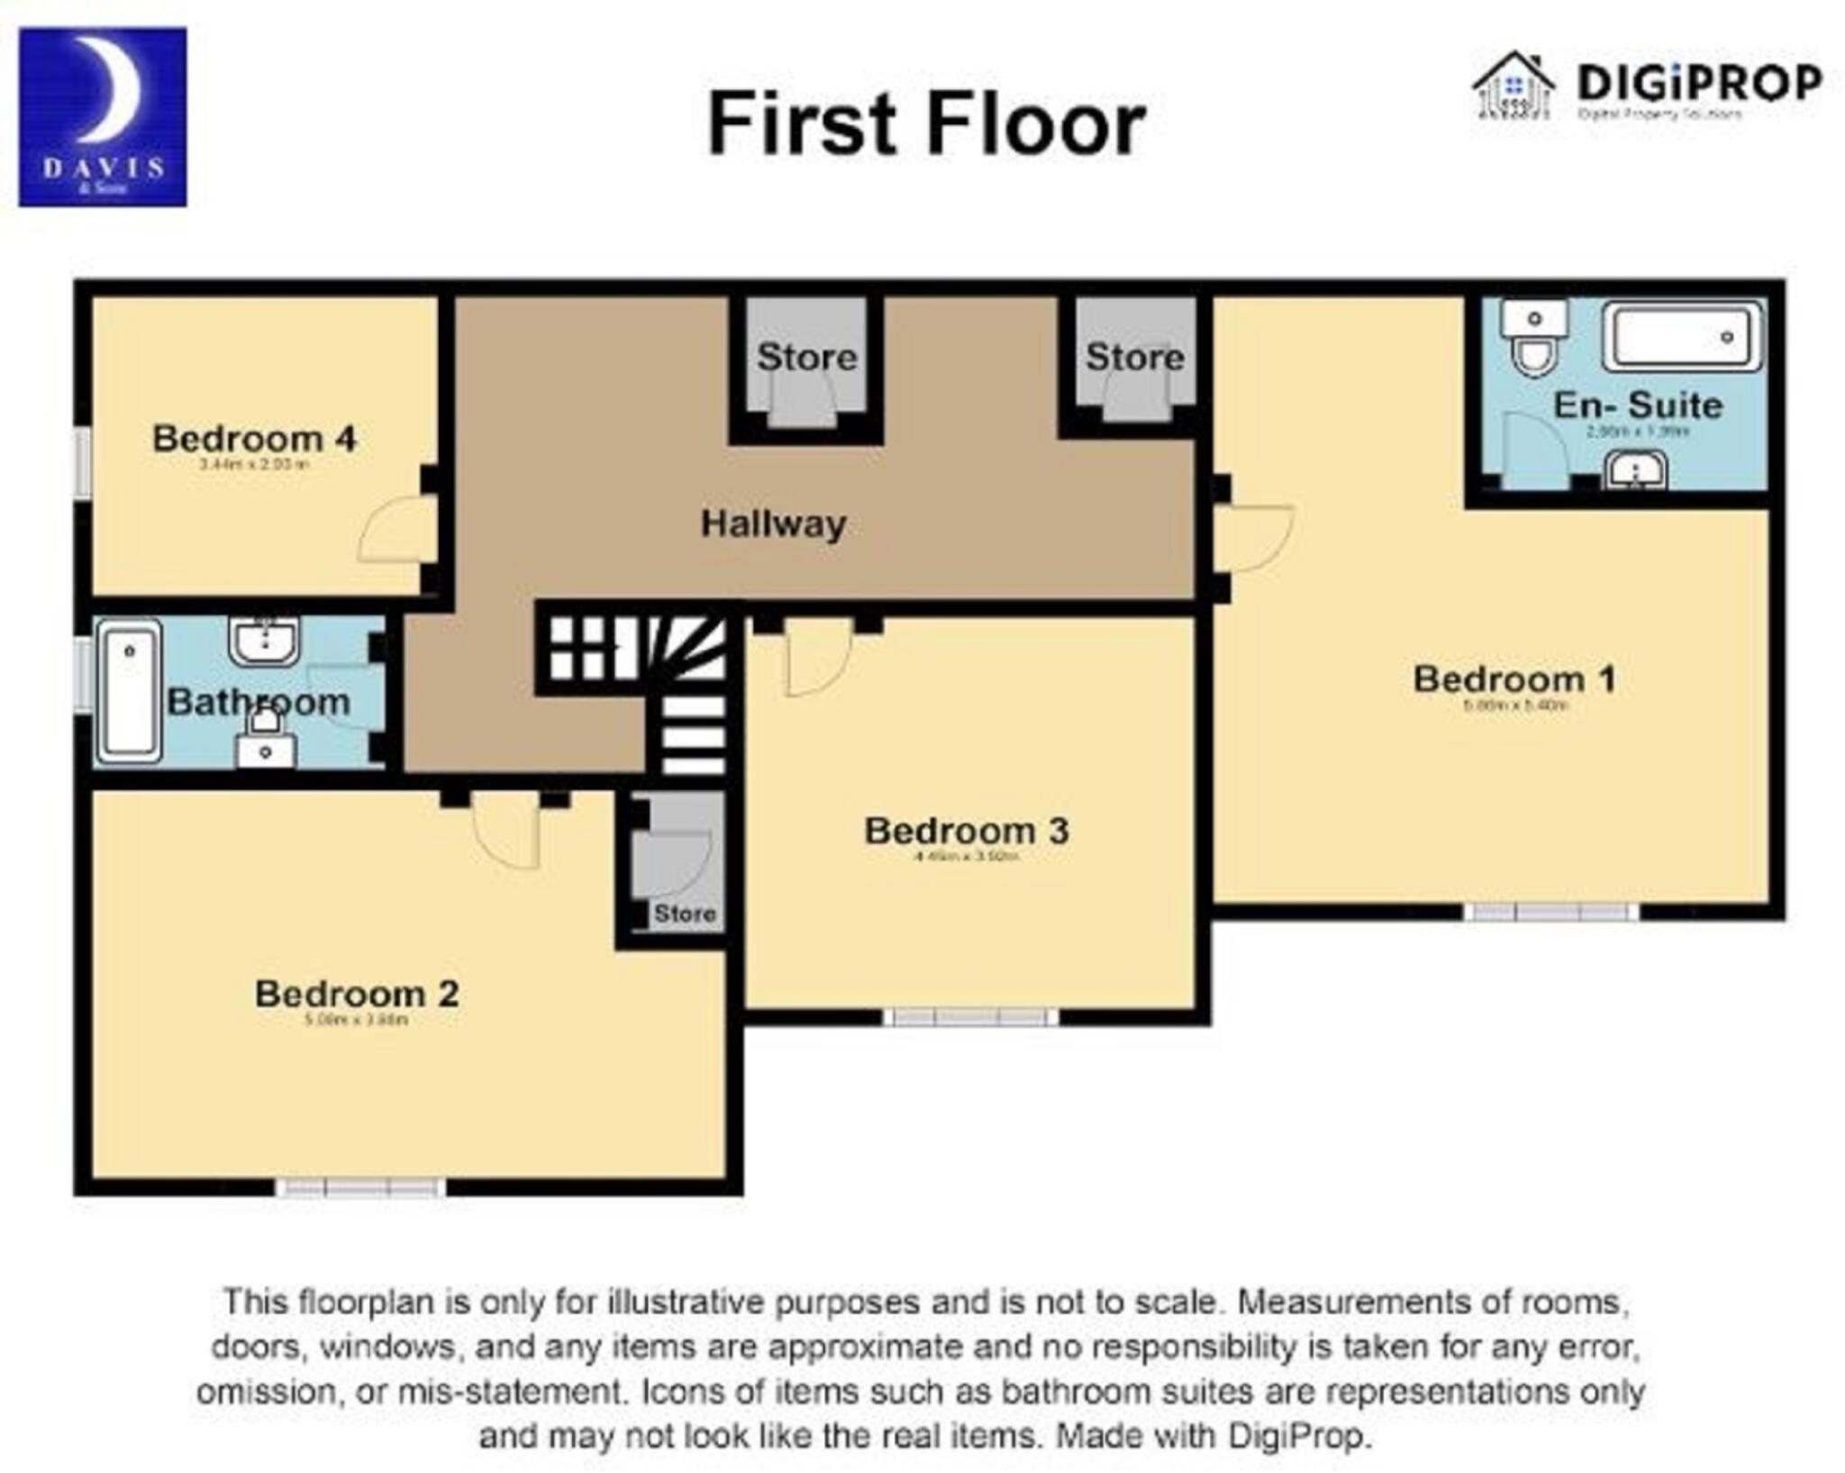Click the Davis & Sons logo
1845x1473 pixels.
tap(103, 117)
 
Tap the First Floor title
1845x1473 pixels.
tap(926, 124)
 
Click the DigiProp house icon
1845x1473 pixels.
tap(1513, 86)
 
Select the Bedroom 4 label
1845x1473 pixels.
tap(254, 440)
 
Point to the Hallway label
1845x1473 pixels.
tap(773, 523)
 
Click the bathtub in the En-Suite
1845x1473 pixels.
tap(1681, 337)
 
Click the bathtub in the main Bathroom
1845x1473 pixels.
tap(130, 690)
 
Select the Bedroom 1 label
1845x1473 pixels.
tap(1513, 679)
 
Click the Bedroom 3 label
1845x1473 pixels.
tap(966, 831)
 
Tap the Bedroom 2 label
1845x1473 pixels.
tap(357, 994)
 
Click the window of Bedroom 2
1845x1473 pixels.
tap(360, 1187)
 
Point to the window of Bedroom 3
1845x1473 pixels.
tap(969, 1018)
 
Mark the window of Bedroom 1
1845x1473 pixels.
tap(1550, 912)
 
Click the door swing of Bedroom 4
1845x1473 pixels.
tap(396, 532)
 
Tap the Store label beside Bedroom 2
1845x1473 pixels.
tap(685, 914)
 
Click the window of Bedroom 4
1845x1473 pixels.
tap(82, 461)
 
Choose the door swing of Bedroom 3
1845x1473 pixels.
tap(816, 658)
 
